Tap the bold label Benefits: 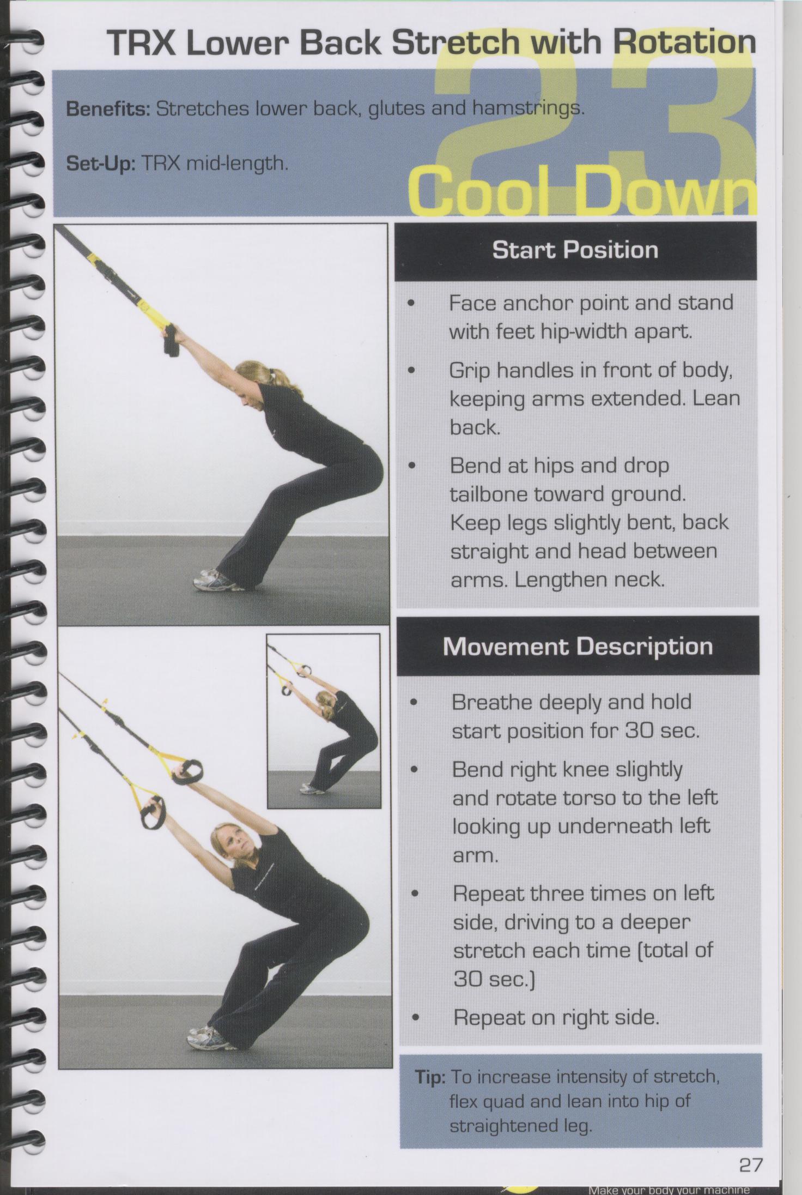point(108,109)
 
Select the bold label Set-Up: point(100,164)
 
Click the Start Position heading point(575,250)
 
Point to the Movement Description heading point(578,647)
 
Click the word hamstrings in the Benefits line point(524,109)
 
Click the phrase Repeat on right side point(556,1018)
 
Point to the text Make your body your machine point(669,1190)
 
